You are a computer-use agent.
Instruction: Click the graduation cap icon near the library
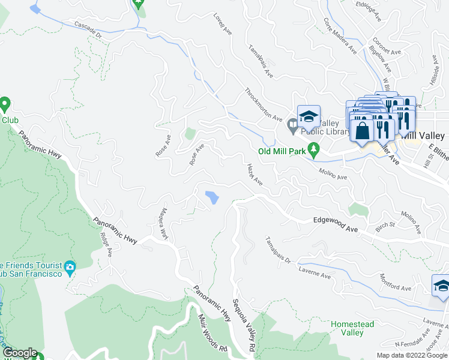click(309, 116)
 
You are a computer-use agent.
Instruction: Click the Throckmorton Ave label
click(264, 106)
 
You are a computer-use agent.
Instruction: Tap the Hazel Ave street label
click(255, 175)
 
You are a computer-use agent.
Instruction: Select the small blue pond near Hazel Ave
click(212, 197)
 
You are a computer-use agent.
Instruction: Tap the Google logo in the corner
click(20, 353)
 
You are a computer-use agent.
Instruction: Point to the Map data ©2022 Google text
click(411, 355)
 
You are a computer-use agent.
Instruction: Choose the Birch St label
click(384, 225)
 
